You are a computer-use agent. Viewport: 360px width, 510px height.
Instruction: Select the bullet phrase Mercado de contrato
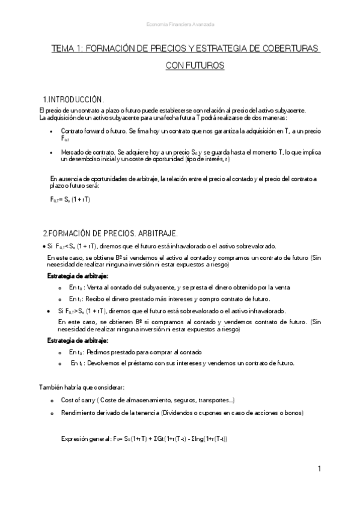point(88,153)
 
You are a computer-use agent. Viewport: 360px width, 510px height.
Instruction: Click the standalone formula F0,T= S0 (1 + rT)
point(71,199)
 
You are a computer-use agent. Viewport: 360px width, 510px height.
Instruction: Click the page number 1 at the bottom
point(320,469)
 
